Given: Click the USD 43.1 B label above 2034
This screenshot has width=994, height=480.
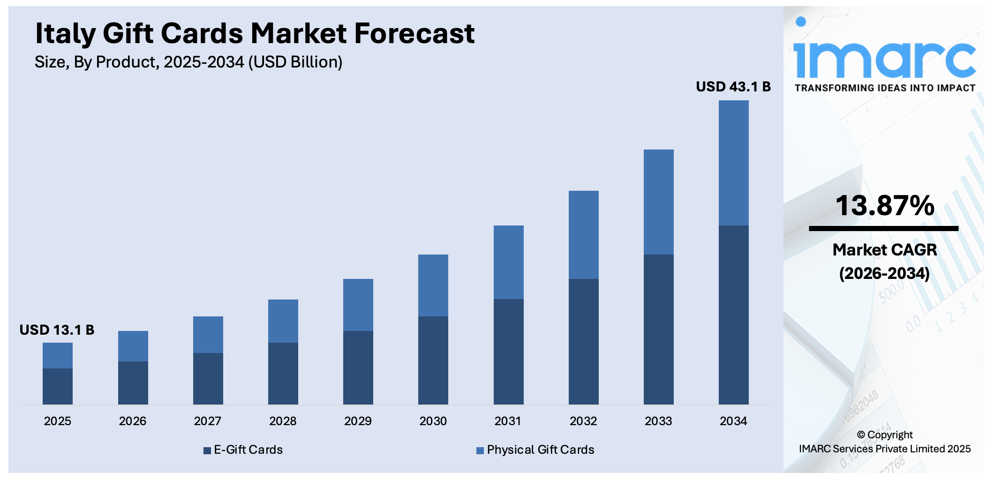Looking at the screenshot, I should click(733, 87).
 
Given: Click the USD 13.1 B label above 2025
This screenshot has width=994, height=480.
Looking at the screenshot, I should click(57, 330).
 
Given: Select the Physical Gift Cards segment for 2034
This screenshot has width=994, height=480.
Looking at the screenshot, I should click(733, 163).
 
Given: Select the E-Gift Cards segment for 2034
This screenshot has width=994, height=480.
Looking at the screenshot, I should click(733, 315).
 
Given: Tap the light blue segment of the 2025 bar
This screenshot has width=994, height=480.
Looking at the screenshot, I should click(58, 355).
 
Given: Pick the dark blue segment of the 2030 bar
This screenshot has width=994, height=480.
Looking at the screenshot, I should click(433, 360).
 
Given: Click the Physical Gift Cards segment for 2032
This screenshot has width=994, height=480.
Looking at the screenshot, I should click(583, 234).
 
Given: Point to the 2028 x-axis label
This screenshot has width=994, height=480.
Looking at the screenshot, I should click(283, 421).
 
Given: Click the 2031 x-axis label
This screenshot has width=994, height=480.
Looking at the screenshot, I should click(508, 421).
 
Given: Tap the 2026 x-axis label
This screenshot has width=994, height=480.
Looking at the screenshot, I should click(133, 421).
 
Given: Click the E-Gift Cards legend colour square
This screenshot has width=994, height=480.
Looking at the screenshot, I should click(207, 450).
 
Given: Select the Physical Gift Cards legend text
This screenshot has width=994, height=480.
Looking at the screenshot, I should click(540, 450).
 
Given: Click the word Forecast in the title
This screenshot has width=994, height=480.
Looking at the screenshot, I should click(414, 34).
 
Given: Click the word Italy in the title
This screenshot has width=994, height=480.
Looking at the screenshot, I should click(65, 34).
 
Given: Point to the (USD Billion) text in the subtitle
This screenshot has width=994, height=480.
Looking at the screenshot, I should click(295, 62).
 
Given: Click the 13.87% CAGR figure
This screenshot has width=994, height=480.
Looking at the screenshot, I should click(884, 206).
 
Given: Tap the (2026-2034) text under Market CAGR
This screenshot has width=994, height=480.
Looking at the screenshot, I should click(884, 273).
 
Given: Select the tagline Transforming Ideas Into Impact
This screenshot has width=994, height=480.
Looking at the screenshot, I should click(884, 88).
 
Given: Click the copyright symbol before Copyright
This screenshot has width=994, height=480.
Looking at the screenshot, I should click(861, 435).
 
